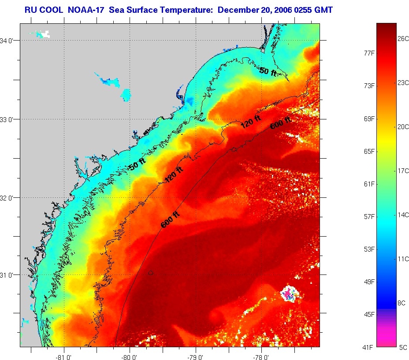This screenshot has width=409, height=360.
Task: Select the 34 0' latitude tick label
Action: (8, 41)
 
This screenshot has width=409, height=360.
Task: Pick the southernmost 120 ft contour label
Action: (173, 175)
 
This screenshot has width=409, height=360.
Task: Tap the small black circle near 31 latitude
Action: (151, 273)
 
